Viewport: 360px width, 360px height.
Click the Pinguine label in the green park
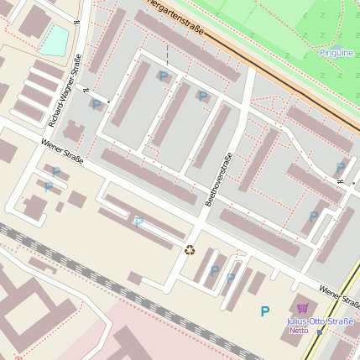pos(337,53)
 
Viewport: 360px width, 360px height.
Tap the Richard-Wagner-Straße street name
pos(65,91)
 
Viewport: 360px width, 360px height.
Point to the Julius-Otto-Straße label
pos(321,321)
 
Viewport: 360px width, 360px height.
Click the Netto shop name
pos(299,330)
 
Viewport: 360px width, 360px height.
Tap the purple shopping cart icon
pos(302,309)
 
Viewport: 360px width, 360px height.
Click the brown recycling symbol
pos(190,248)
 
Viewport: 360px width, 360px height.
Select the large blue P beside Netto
pos(265,311)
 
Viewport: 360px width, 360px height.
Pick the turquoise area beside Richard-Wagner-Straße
pos(53,40)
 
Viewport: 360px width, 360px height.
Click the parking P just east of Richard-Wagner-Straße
pos(96,105)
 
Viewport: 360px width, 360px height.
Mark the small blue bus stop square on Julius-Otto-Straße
pos(320,331)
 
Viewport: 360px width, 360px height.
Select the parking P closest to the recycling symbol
pos(214,270)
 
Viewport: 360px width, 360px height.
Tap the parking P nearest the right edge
pos(341,167)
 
